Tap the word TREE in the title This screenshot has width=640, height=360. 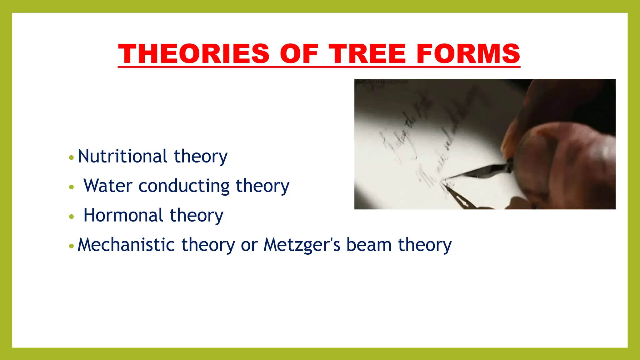367,54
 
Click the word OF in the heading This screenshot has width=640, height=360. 299,54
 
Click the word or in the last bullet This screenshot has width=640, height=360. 249,245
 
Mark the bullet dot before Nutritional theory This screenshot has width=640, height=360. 72,157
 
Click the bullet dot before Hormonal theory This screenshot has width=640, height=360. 72,216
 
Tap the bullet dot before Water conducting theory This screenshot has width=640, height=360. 72,187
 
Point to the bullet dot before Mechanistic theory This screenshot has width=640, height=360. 72,246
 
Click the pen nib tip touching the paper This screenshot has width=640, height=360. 444,179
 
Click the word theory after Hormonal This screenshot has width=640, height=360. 197,216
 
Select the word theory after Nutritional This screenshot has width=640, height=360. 201,157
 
